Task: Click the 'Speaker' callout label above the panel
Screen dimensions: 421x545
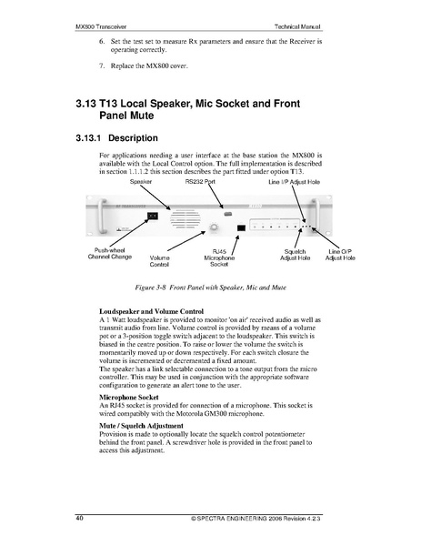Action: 141,181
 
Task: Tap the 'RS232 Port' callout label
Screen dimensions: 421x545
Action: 200,181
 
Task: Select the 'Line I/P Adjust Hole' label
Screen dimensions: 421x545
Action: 294,182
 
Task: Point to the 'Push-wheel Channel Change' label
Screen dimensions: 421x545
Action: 110,253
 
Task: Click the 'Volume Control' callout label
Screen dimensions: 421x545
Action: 159,261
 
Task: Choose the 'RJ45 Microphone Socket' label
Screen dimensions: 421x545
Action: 219,257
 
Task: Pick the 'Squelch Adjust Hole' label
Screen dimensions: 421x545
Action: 295,255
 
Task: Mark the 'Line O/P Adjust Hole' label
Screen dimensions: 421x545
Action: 340,255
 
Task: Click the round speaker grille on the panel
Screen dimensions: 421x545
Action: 185,219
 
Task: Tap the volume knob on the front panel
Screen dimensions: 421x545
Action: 214,227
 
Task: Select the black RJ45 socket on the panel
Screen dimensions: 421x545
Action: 241,228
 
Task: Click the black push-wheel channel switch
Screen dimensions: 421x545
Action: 153,217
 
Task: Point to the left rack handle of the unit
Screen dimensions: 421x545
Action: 101,217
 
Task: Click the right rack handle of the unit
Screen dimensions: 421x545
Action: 316,216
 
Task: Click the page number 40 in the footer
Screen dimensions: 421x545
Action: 79,518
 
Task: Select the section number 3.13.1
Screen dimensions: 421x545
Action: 88,138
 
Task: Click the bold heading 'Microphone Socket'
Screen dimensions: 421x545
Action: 129,397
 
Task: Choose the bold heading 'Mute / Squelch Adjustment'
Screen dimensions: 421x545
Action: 141,426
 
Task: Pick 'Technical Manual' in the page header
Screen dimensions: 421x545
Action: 297,26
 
